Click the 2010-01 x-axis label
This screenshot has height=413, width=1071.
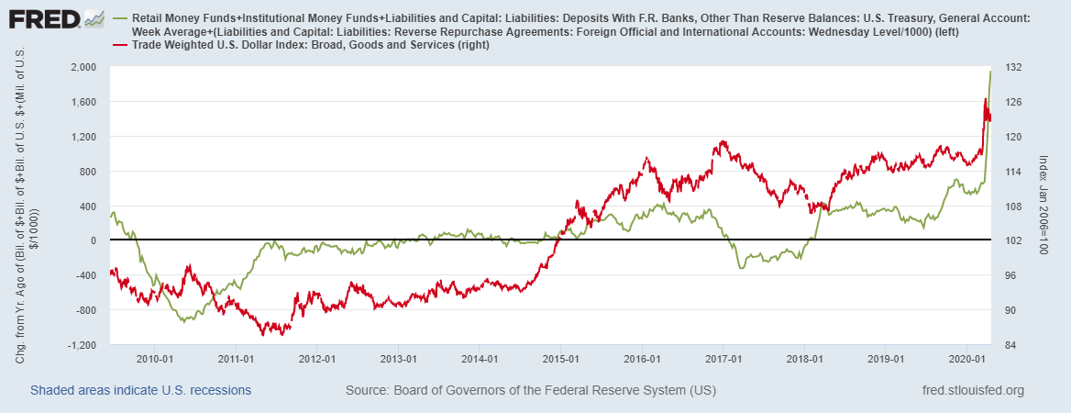click(155, 359)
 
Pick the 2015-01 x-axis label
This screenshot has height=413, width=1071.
click(561, 359)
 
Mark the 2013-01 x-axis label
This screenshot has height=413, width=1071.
click(399, 359)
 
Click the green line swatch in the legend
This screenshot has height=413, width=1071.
click(119, 18)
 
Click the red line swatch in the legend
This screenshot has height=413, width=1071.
click(119, 45)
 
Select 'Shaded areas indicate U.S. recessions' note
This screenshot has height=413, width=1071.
click(140, 391)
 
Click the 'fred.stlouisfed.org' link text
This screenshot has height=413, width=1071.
click(973, 391)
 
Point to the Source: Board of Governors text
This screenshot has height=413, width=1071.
click(530, 391)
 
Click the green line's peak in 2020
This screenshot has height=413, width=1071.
click(990, 72)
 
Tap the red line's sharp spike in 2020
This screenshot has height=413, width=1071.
click(985, 99)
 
